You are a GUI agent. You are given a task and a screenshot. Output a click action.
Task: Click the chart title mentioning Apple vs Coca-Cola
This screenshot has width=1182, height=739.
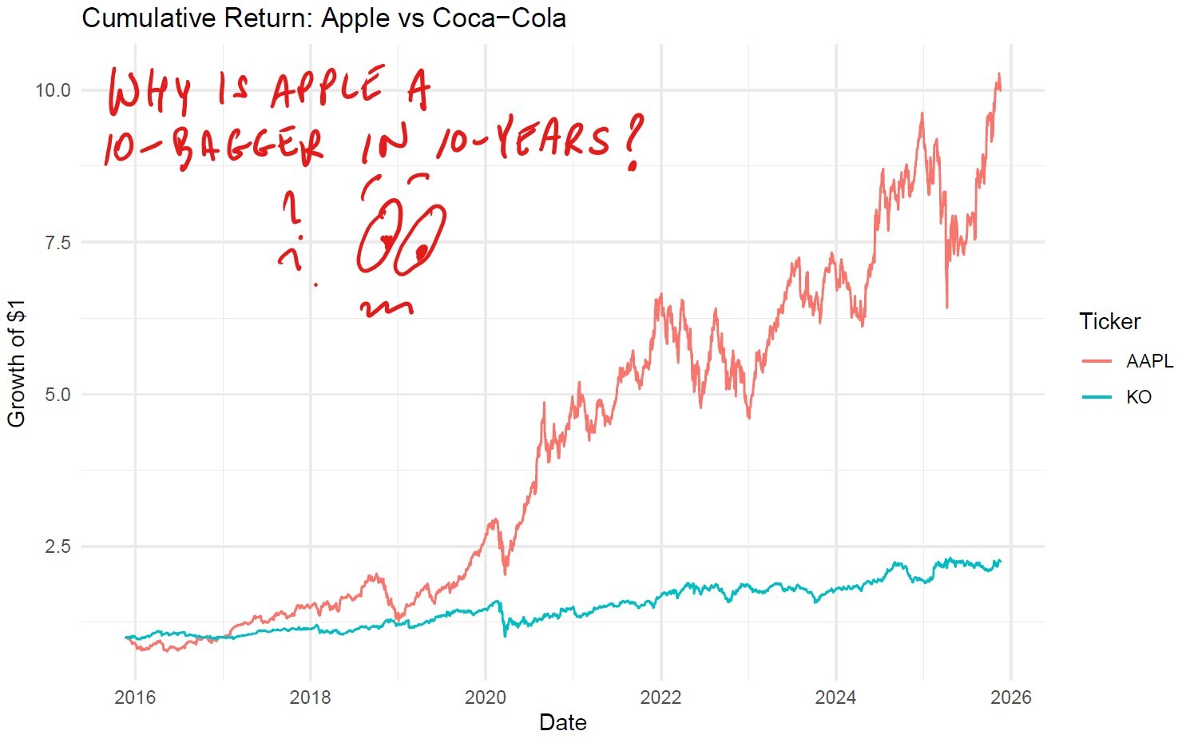tap(323, 18)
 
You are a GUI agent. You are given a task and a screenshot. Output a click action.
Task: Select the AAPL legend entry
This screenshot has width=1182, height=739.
tap(1148, 361)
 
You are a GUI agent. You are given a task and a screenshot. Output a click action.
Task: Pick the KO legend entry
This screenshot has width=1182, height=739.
tap(1138, 397)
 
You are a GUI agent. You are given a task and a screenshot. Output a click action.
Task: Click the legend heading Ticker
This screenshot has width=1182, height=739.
tap(1109, 321)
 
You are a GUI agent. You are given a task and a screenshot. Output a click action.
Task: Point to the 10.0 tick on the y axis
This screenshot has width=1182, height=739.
tap(53, 90)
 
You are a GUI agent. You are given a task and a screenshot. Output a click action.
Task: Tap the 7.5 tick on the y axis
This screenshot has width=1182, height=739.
tap(58, 242)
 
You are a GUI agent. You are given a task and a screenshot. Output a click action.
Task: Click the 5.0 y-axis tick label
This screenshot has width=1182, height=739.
tap(58, 395)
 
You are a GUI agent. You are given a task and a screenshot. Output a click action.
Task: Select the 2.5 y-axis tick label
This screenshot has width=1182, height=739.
tap(58, 546)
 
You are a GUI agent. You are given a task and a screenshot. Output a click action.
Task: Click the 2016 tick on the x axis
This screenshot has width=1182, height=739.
tap(135, 697)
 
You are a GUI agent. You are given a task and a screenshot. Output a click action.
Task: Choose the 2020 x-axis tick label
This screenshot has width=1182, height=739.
tap(486, 697)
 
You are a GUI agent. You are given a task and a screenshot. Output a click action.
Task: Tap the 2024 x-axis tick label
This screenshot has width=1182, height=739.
tap(835, 697)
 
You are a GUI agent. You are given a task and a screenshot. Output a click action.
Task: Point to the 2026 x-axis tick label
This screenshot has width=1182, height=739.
tap(1010, 697)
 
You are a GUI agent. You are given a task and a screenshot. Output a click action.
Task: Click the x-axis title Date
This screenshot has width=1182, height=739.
tap(562, 723)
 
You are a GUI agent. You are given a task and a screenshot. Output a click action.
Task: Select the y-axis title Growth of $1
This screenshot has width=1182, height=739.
tap(17, 364)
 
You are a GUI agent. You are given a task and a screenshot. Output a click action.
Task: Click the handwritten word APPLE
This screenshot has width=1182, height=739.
tap(326, 87)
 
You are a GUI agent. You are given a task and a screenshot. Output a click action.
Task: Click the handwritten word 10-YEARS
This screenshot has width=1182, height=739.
tap(523, 140)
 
